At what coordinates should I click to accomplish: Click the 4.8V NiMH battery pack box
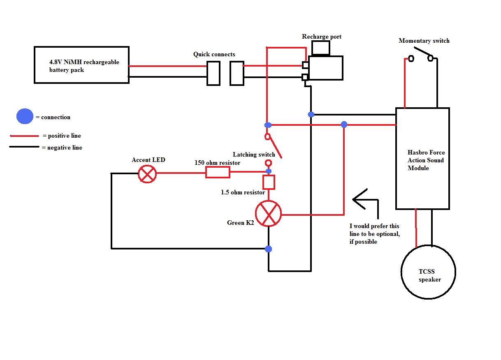pos(81,65)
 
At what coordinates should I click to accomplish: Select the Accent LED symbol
pos(147,174)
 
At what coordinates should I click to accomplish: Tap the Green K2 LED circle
pos(269,214)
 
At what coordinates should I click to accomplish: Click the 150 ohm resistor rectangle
pos(218,173)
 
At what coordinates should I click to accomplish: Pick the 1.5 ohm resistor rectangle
pos(269,182)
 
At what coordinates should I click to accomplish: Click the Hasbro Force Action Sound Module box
pos(422,159)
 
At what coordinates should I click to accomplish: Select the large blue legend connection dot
pos(25,117)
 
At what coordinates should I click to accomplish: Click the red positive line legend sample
pos(24,136)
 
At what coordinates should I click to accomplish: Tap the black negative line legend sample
pos(24,147)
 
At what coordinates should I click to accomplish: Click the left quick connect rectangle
pos(213,73)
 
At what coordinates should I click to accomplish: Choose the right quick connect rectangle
pos(237,73)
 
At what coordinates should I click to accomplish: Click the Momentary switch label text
pos(424,41)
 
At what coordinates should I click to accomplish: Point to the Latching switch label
pos(254,155)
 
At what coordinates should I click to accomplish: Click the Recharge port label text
pos(322,37)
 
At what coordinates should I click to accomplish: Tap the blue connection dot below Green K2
pos(269,249)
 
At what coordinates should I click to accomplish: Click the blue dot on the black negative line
pos(311,114)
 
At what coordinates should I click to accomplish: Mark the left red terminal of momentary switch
pos(411,59)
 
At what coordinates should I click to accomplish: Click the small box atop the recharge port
pos(321,48)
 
